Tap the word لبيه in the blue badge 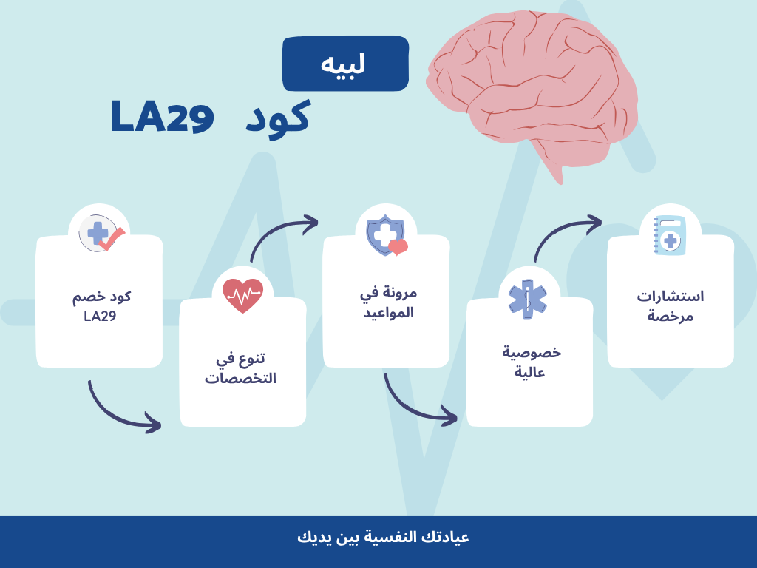[x=344, y=64]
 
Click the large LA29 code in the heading [x=163, y=117]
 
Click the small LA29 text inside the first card [x=100, y=317]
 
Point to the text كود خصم [x=100, y=297]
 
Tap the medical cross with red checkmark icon [x=100, y=234]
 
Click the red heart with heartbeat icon [x=242, y=295]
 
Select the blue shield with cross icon [x=386, y=234]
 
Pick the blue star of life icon [x=528, y=298]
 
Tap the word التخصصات [x=240, y=379]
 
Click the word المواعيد [x=387, y=312]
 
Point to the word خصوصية [x=531, y=352]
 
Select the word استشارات [x=670, y=297]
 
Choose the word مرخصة [x=670, y=316]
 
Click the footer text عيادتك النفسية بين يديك [x=383, y=538]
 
